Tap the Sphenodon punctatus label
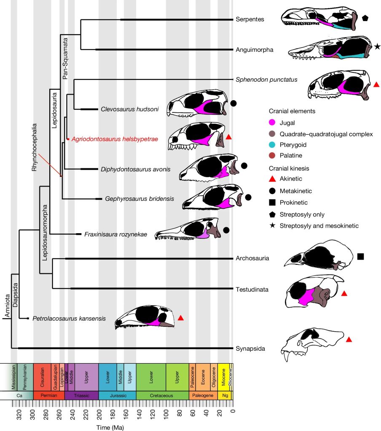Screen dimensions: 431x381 261,79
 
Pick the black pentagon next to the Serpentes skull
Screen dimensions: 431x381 365,18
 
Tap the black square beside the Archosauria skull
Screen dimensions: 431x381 360,256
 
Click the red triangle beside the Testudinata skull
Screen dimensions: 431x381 344,293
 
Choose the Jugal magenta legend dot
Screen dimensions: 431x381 272,122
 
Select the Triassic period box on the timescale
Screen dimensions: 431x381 81,396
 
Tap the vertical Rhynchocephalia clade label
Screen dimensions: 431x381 35,147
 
